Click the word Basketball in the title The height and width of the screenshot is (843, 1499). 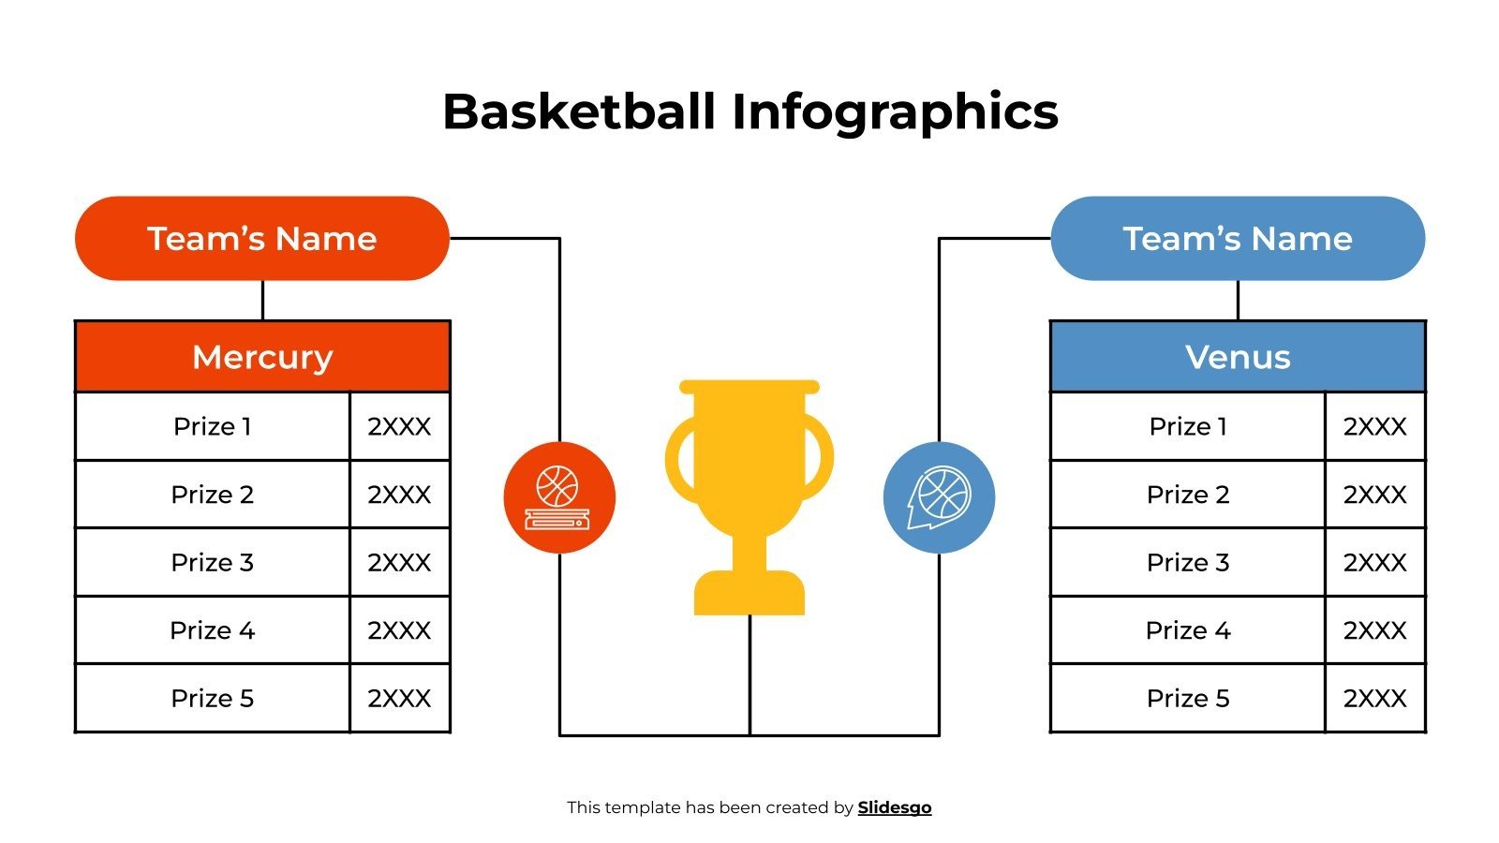[579, 111]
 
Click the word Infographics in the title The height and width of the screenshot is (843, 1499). [895, 111]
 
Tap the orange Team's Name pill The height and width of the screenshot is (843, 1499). [262, 239]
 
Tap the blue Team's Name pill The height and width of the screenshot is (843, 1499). [1238, 239]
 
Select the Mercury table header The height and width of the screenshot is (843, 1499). [262, 357]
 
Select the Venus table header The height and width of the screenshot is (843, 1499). [1238, 357]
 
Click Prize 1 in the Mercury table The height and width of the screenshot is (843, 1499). [213, 426]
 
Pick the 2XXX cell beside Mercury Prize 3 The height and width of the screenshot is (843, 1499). [400, 562]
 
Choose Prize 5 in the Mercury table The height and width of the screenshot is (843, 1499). [213, 698]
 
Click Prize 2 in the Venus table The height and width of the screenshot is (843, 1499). [1188, 495]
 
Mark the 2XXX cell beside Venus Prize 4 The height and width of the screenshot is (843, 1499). [1375, 630]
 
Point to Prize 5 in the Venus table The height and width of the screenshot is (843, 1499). [1188, 698]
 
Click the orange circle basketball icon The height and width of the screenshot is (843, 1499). [559, 497]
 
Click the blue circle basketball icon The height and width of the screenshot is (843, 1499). [939, 497]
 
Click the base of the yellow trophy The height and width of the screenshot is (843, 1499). [749, 595]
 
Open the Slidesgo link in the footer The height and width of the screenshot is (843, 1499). [895, 807]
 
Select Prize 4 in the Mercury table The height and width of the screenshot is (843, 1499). [213, 630]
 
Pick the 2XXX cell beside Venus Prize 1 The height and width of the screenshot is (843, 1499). [1375, 426]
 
